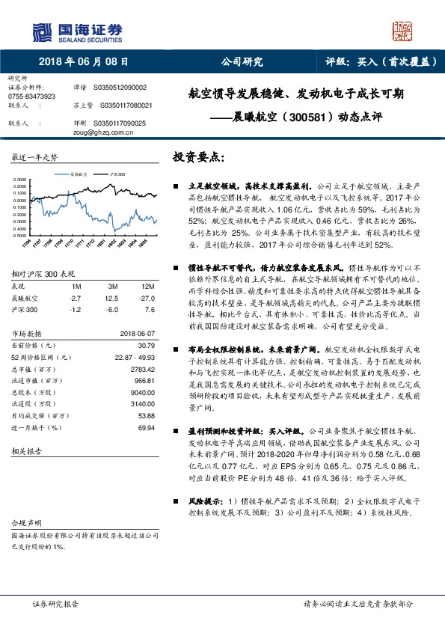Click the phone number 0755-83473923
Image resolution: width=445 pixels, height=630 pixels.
(x=31, y=97)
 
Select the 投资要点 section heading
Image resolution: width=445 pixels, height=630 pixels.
(x=198, y=158)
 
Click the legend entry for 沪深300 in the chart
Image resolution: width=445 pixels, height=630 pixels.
(x=116, y=172)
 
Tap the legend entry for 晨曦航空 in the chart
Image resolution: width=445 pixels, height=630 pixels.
(x=78, y=172)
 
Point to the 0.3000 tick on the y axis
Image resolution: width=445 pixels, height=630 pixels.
(x=22, y=180)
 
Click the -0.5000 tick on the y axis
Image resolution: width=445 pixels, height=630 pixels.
(x=21, y=235)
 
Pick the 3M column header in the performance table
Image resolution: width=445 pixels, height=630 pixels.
(x=113, y=287)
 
